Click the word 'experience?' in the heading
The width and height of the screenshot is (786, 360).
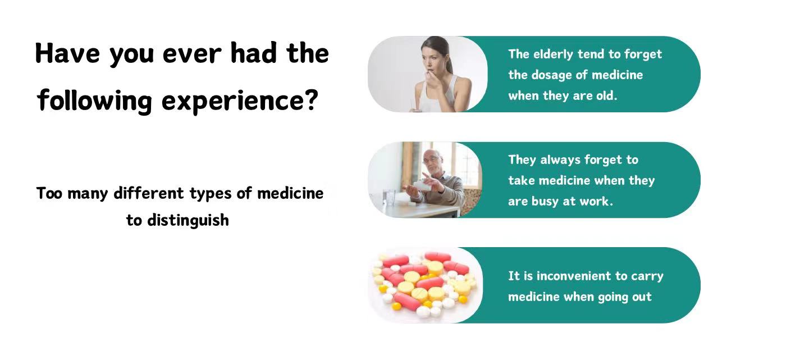(x=240, y=101)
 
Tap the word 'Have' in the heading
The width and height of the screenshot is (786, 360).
(x=67, y=53)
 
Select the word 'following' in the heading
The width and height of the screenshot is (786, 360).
(x=95, y=101)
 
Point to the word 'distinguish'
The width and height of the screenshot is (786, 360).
(x=188, y=221)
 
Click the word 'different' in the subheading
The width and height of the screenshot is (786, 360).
(x=149, y=193)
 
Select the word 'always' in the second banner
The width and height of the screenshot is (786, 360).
(x=560, y=161)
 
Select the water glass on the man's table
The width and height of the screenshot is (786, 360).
(x=389, y=198)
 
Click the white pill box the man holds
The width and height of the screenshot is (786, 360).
(x=422, y=185)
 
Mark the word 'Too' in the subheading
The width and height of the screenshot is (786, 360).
(x=49, y=193)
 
